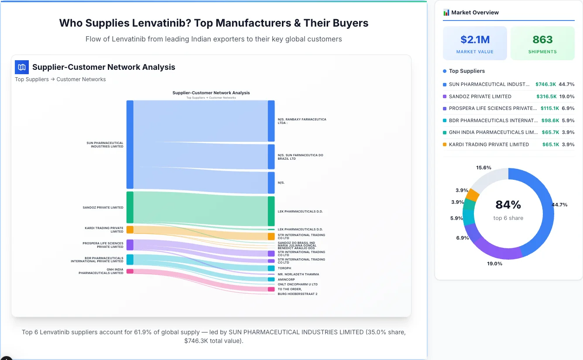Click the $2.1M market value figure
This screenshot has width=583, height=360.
coord(475,40)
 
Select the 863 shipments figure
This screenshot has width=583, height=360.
coord(542,40)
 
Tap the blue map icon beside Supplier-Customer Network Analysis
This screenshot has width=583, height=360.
coord(21,67)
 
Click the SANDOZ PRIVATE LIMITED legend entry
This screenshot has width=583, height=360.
coord(480,96)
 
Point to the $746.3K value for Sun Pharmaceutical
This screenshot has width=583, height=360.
coord(545,84)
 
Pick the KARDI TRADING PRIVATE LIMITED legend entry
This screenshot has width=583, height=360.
coord(488,144)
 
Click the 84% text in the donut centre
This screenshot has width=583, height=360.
coord(508,205)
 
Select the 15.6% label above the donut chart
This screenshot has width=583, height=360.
coord(484,168)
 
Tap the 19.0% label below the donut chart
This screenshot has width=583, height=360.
coord(494,264)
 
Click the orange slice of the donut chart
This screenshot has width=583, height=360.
coord(473,195)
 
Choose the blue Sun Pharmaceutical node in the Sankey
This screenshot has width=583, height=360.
coord(130,144)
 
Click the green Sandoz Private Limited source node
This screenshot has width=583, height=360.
coord(130,207)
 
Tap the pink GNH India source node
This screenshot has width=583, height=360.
coord(130,271)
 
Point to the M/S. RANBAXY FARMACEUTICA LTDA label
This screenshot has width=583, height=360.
coord(302,121)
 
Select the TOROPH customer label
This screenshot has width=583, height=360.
coord(284,268)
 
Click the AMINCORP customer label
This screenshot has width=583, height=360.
coord(286,279)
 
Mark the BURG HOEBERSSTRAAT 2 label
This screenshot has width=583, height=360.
coord(297,294)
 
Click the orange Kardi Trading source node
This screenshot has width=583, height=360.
coord(130,230)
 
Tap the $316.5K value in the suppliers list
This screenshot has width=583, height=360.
coord(545,96)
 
